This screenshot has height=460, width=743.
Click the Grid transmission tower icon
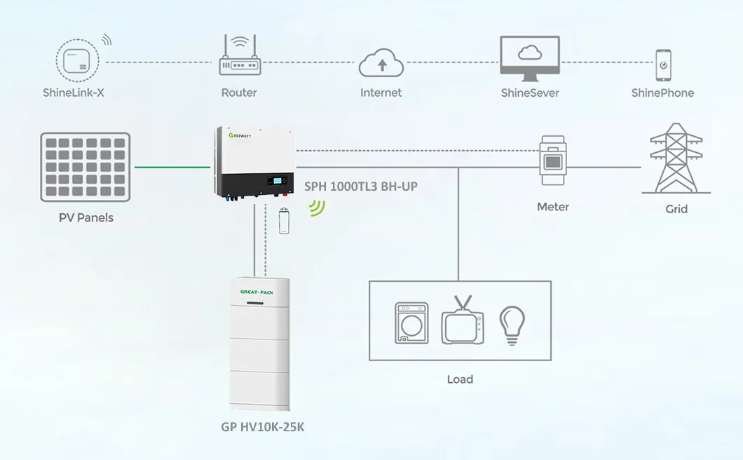[676, 159]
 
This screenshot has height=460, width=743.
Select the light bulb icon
[512, 325]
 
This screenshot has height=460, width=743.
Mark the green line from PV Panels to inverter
[172, 167]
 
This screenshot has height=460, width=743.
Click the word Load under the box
[460, 379]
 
